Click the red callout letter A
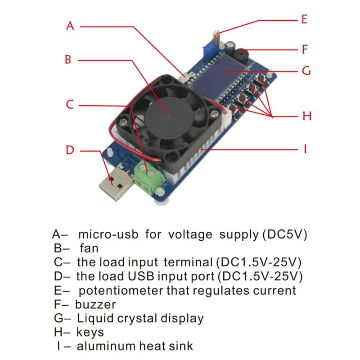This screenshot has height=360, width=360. [x=70, y=26]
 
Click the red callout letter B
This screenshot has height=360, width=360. [x=68, y=59]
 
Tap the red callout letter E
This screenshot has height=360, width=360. [x=304, y=19]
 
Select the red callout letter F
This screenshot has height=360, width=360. [x=305, y=49]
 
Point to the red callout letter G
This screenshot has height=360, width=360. [x=306, y=71]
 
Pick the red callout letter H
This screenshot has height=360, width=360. [x=306, y=116]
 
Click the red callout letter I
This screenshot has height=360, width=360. [x=305, y=148]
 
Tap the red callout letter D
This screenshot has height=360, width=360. [x=69, y=150]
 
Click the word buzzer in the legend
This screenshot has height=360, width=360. [x=95, y=304]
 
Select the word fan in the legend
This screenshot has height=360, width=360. [x=89, y=248]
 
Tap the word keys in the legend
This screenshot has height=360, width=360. [x=90, y=333]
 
